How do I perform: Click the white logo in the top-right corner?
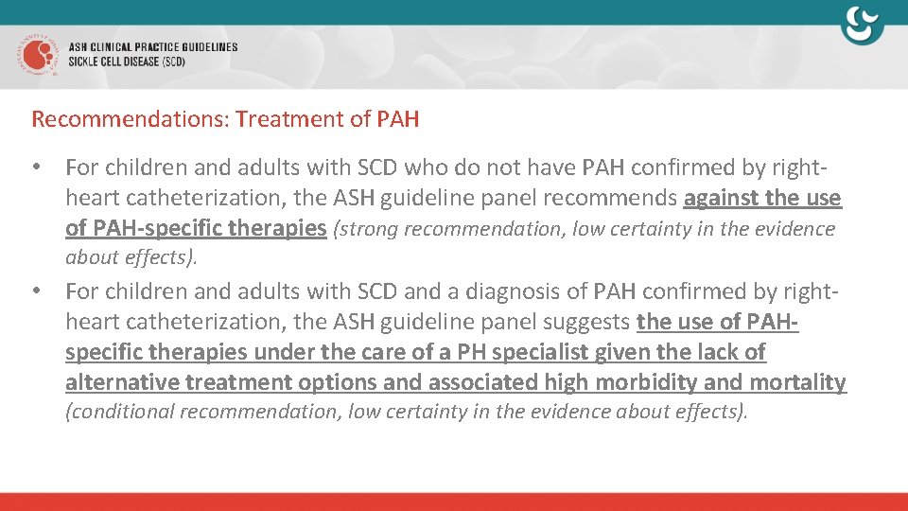(x=862, y=25)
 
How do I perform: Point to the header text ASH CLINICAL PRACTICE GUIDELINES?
(x=152, y=46)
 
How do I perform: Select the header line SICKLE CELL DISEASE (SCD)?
(x=127, y=62)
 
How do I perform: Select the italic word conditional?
(x=119, y=412)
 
